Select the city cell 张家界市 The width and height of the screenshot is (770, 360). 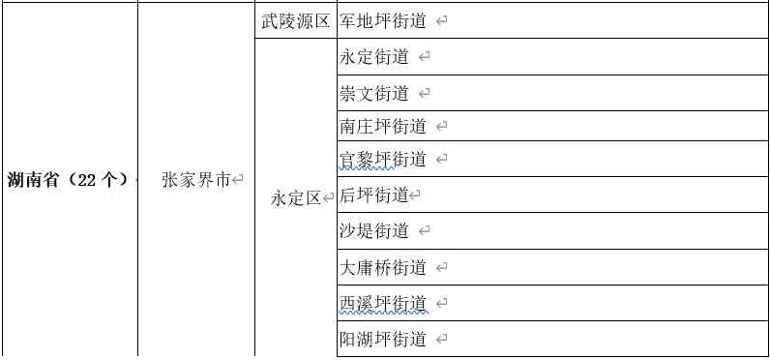[196, 180]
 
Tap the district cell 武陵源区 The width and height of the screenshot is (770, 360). [296, 20]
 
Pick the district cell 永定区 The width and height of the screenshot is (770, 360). [296, 198]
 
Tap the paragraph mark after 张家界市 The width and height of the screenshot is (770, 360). [238, 180]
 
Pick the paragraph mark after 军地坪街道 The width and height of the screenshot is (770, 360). [441, 20]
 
